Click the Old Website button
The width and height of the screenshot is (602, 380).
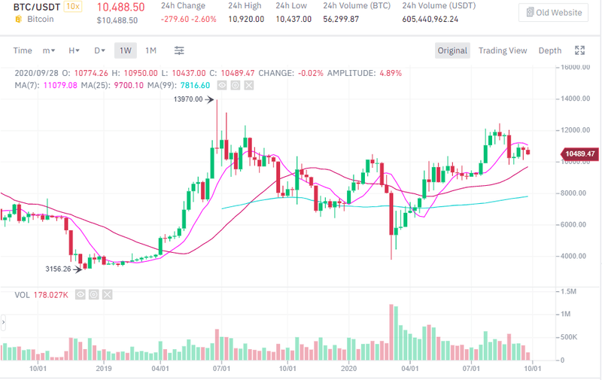553,12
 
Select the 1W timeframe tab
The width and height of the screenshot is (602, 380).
125,50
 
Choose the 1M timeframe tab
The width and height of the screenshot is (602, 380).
150,50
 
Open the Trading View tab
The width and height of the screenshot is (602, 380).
503,50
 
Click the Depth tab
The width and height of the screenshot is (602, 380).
549,50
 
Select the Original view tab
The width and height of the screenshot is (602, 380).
452,50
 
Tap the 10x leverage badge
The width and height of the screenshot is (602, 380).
73,6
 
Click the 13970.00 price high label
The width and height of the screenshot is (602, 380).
188,99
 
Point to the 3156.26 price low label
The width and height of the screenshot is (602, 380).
57,269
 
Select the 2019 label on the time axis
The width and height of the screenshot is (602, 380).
104,369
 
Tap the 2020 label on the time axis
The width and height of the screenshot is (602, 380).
348,369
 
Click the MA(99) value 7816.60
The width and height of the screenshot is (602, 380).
195,85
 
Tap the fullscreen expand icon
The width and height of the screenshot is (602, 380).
579,50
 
